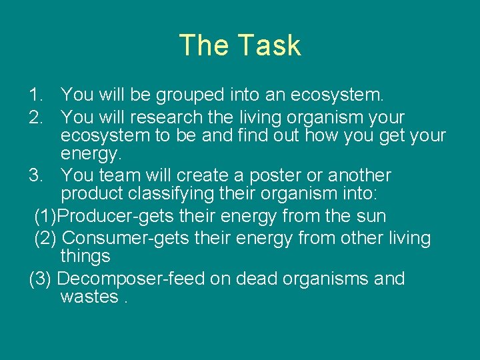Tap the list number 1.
(x=37, y=96)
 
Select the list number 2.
(x=37, y=117)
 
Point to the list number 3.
(x=37, y=175)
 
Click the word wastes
(x=89, y=297)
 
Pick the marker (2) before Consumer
(x=45, y=237)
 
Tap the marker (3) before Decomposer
(x=41, y=278)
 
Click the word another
(x=357, y=175)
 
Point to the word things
(x=85, y=256)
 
